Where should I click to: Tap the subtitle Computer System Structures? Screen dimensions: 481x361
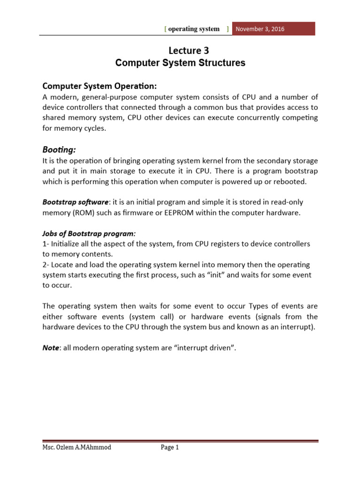180,63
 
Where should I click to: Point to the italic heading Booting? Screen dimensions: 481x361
59,149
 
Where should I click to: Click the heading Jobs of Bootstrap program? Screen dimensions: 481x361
89,233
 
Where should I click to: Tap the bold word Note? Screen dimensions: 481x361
51,348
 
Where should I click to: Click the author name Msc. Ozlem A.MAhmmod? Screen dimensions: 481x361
77,448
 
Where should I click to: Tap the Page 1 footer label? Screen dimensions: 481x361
170,448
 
